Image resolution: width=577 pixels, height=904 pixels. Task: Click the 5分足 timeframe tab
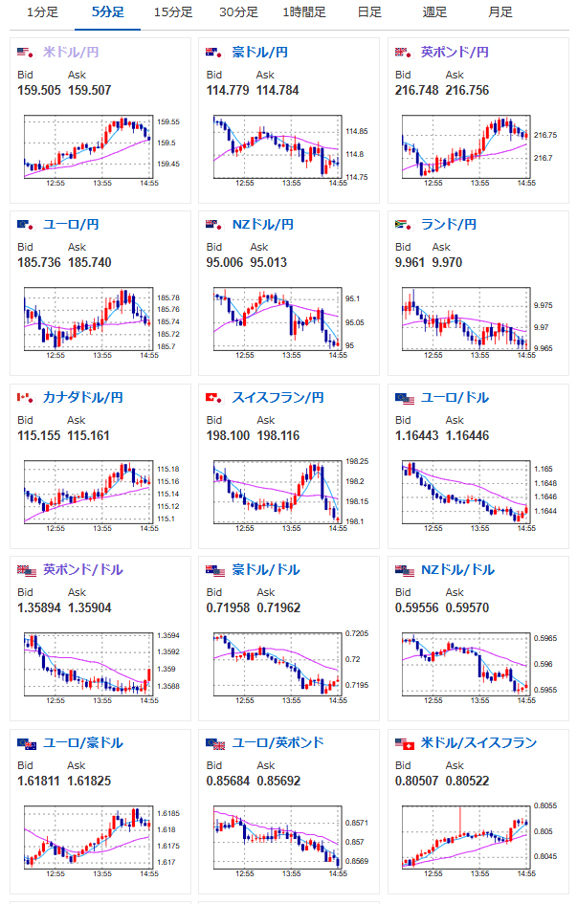108,12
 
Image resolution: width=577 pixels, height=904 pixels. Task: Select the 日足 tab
369,12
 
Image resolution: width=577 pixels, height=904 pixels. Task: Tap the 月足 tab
500,12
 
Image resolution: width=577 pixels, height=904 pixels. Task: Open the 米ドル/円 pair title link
71,53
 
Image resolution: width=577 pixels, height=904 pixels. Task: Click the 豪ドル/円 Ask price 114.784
277,91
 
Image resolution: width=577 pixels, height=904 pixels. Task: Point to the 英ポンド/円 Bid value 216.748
417,91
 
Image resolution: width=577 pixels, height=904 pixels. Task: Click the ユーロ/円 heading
71,224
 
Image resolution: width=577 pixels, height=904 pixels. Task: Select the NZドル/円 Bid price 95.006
225,262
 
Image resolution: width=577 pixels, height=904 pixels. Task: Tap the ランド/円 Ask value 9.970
447,262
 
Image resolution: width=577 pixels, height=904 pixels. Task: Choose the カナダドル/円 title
83,397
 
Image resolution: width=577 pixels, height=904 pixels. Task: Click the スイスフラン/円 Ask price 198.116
278,436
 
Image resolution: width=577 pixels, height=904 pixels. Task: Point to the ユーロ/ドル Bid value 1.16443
417,436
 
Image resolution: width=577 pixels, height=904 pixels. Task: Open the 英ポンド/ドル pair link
83,569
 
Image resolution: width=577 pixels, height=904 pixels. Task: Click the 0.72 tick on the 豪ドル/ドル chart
353,659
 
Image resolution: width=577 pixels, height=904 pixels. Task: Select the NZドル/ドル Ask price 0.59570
468,607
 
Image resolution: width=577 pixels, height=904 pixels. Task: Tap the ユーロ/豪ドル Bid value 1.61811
38,782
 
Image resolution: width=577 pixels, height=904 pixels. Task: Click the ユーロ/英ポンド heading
277,742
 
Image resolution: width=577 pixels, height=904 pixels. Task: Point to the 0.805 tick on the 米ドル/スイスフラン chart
543,831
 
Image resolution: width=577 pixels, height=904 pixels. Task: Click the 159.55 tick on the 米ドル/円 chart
168,121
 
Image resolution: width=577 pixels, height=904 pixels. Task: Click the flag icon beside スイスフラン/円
214,398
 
